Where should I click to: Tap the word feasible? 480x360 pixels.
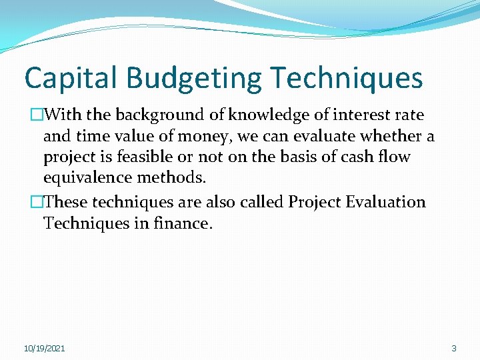pos(160,158)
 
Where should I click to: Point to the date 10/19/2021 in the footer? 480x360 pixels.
pos(45,349)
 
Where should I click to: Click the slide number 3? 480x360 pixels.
pos(454,349)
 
